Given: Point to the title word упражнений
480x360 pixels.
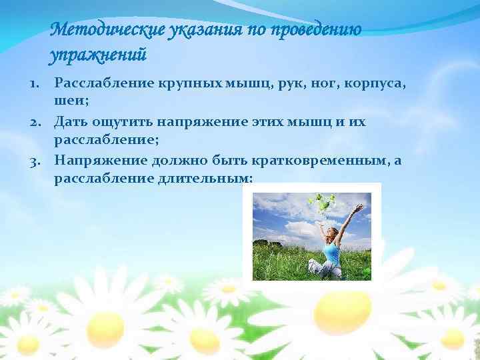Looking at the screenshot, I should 97,54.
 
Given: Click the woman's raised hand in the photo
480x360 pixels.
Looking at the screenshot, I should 360,208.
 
